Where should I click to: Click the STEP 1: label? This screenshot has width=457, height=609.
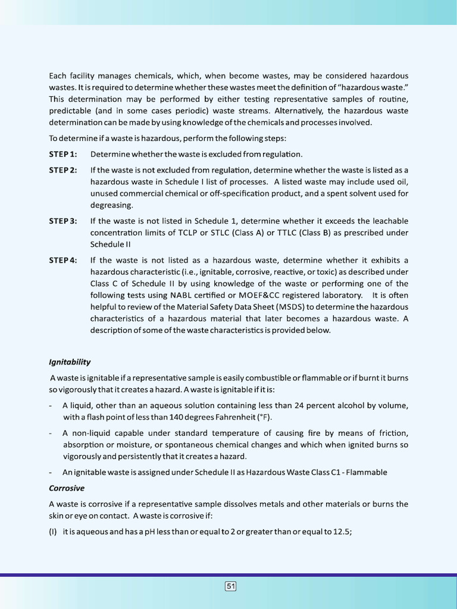click(63, 155)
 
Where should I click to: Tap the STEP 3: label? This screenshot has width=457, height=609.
click(63, 221)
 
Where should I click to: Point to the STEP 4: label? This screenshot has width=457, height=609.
click(63, 260)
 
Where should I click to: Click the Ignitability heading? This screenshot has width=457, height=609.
click(70, 362)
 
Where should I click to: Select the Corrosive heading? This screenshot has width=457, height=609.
click(67, 488)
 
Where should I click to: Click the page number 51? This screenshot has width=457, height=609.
click(231, 586)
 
